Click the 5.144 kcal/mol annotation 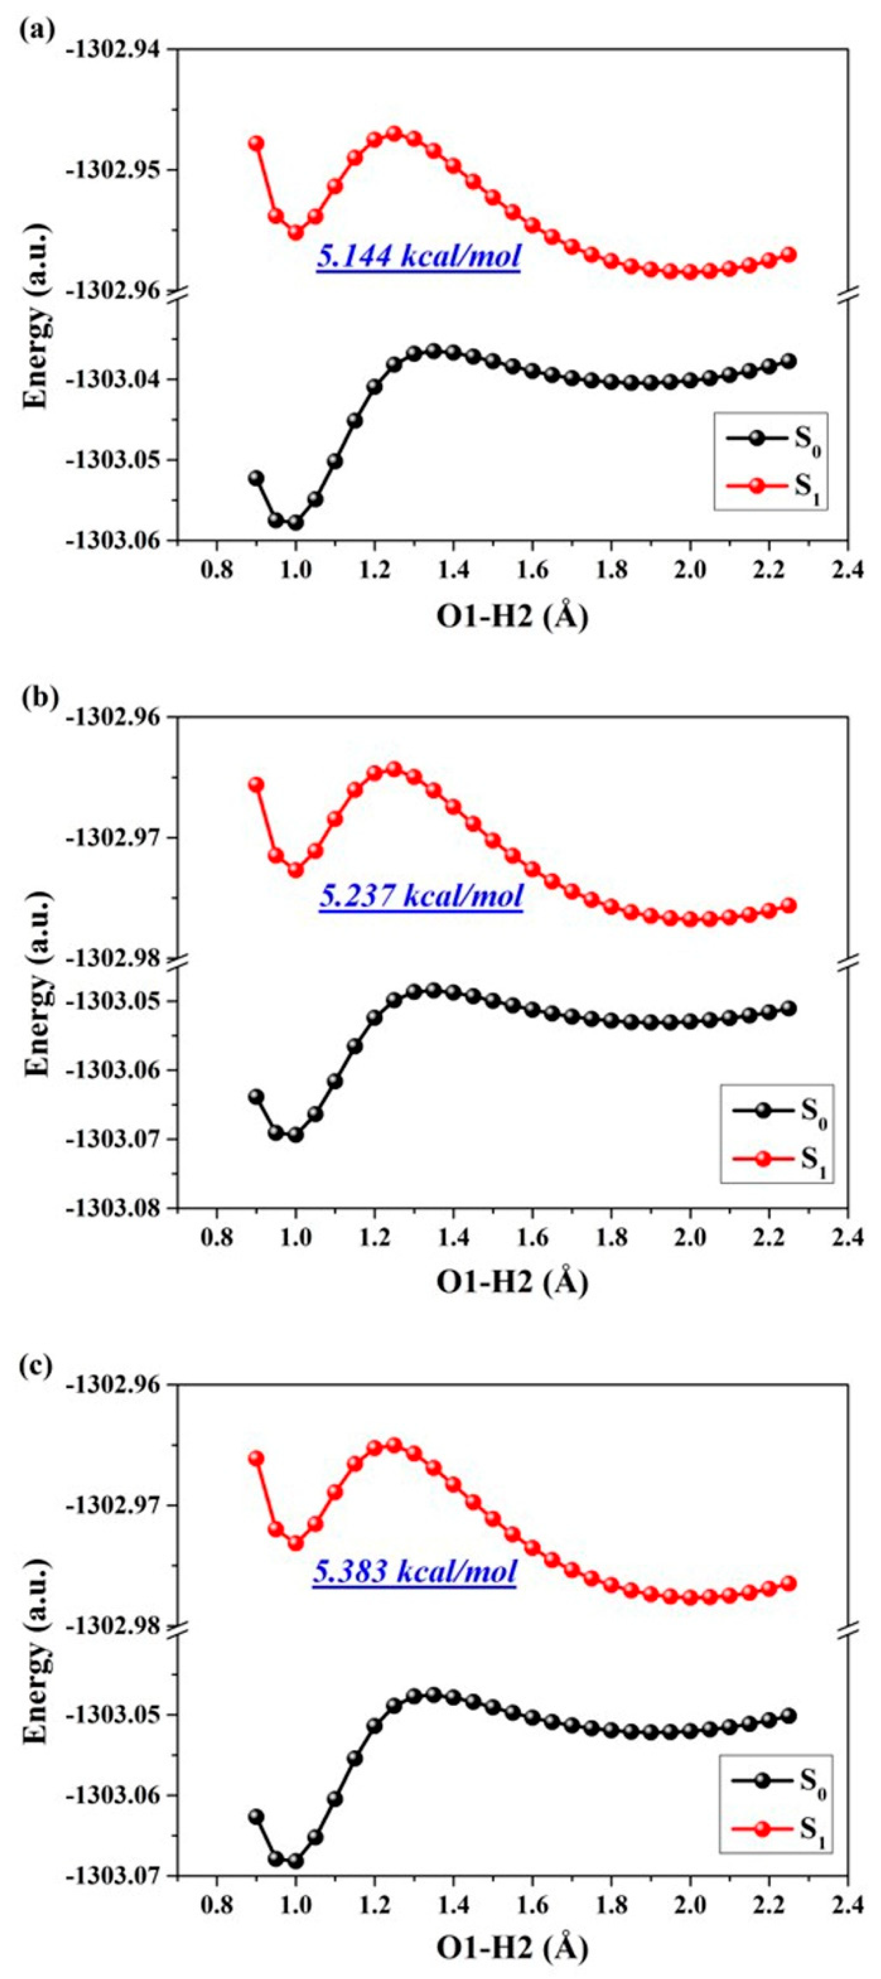[x=419, y=256]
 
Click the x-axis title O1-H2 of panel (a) [x=512, y=617]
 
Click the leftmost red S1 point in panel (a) [x=256, y=144]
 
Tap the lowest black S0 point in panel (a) [x=295, y=523]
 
